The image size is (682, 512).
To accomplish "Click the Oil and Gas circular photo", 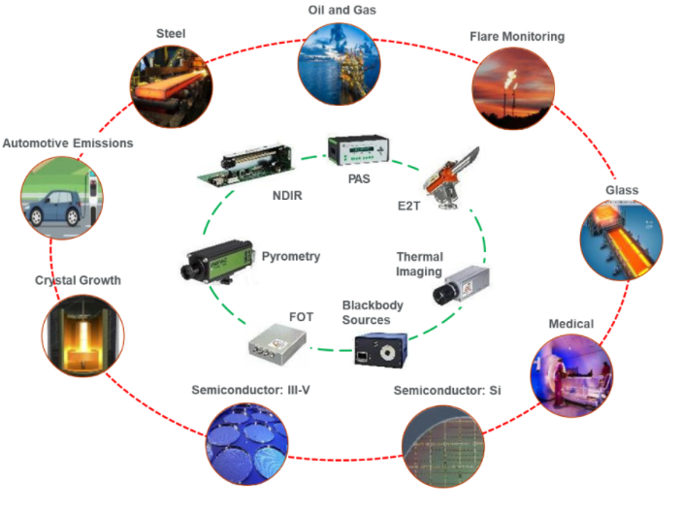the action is pyautogui.click(x=340, y=64).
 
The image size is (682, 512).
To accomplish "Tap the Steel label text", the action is pyautogui.click(x=171, y=34).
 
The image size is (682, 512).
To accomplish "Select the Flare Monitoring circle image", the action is pyautogui.click(x=513, y=88).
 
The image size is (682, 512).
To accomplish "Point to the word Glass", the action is pyautogui.click(x=622, y=190).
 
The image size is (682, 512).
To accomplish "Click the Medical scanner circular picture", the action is pyautogui.click(x=571, y=376).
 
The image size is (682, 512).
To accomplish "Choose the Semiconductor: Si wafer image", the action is pyautogui.click(x=443, y=446).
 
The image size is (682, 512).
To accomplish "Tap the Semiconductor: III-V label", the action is pyautogui.click(x=250, y=390).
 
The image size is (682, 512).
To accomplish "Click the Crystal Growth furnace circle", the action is pyautogui.click(x=83, y=336).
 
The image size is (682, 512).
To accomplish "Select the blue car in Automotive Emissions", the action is pyautogui.click(x=53, y=208).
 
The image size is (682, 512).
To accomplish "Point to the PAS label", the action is pyautogui.click(x=359, y=178).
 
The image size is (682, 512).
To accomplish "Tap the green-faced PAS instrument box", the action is pyautogui.click(x=358, y=150).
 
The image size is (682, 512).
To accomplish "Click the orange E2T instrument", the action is pyautogui.click(x=450, y=179).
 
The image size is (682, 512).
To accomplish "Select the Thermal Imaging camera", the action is pyautogui.click(x=461, y=285).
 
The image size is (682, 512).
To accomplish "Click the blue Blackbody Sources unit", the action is pyautogui.click(x=381, y=350).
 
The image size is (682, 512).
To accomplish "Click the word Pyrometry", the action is pyautogui.click(x=290, y=256).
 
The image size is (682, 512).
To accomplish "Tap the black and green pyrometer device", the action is pyautogui.click(x=217, y=262).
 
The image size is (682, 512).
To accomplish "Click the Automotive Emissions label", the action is pyautogui.click(x=68, y=143).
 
